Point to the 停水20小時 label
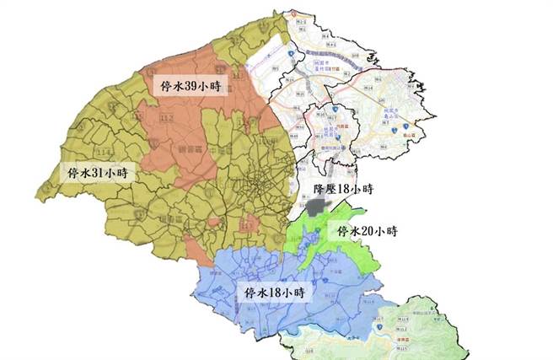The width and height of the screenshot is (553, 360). (367, 230)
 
